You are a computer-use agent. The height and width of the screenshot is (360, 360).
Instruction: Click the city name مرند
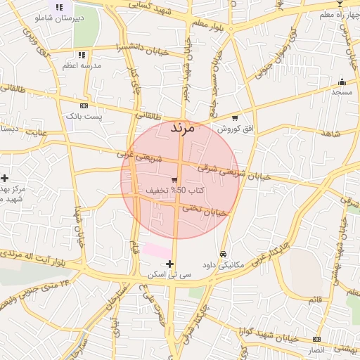[x=182, y=128]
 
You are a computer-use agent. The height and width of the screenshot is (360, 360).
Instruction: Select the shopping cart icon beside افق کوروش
[x=235, y=118]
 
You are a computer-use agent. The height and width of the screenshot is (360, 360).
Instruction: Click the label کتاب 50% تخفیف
[x=175, y=191]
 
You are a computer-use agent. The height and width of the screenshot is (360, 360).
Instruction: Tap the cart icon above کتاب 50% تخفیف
[x=174, y=180]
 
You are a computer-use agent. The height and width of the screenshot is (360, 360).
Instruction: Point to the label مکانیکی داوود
[x=222, y=265]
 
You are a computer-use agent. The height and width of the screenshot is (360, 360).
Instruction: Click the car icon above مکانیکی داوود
[x=223, y=254]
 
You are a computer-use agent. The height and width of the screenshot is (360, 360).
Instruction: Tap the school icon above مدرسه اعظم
[x=82, y=55]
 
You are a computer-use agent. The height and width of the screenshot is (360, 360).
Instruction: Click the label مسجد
[x=342, y=92]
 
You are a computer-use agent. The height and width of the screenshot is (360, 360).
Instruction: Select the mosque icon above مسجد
[x=342, y=82]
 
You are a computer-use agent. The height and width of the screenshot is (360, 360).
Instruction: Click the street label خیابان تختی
[x=205, y=210]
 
